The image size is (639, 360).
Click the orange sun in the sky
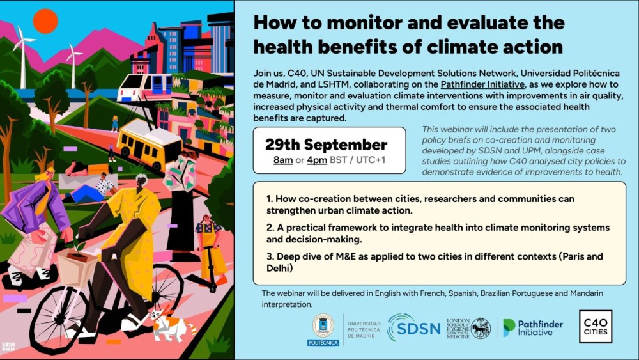(x=45, y=21)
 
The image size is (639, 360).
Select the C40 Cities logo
(x=596, y=327)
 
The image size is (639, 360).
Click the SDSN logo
(x=413, y=327)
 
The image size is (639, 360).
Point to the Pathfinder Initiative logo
(x=533, y=328)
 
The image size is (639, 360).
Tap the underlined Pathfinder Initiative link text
(x=482, y=84)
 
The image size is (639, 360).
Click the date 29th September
(x=326, y=145)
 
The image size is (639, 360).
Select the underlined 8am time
(x=283, y=160)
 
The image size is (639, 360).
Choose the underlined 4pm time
(x=317, y=160)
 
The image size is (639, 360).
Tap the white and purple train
(x=145, y=87)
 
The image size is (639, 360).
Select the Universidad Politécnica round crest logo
(x=323, y=329)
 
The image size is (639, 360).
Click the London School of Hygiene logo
(x=468, y=328)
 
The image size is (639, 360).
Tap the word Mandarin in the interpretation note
(x=587, y=293)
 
